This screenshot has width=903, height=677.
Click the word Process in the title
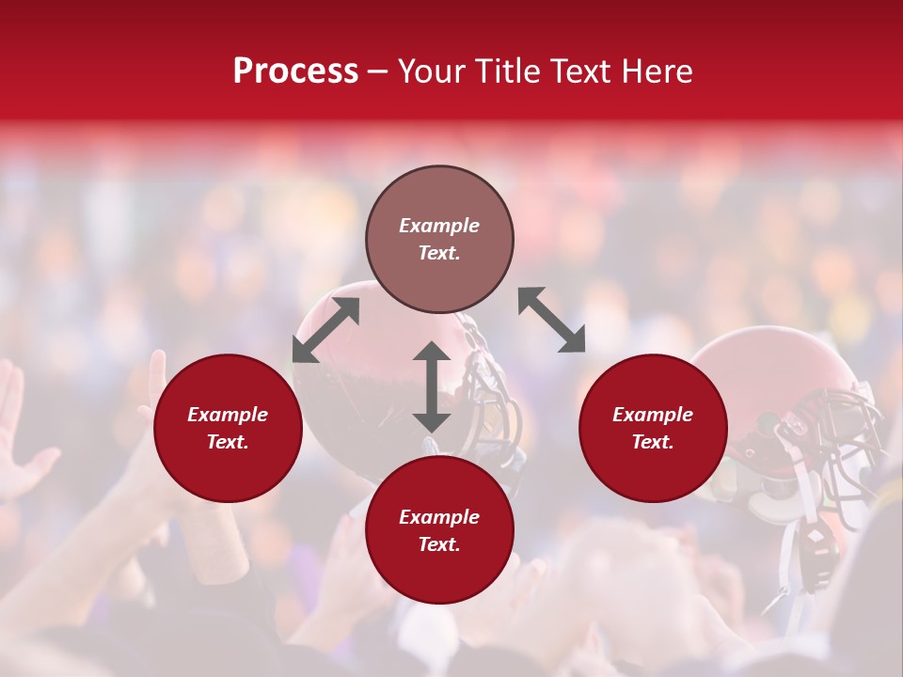(295, 71)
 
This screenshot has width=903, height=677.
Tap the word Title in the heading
(507, 71)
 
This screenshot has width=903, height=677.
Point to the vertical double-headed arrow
(432, 386)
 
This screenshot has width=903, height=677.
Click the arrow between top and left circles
(325, 330)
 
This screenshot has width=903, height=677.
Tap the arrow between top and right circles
(551, 320)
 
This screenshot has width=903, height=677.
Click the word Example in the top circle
(439, 226)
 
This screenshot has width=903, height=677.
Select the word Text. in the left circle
(228, 442)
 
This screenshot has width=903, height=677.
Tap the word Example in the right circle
(653, 415)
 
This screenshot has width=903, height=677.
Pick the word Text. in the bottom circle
(439, 544)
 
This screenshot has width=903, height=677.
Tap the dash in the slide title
(378, 71)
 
